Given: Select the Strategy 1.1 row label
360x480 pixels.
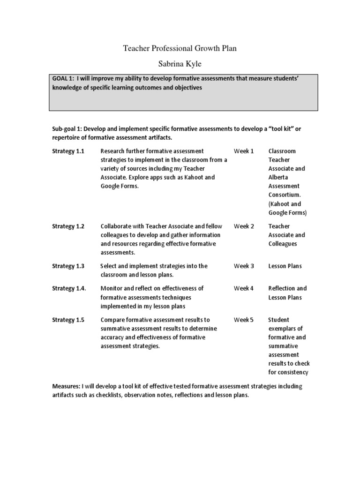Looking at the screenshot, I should pyautogui.click(x=68, y=151).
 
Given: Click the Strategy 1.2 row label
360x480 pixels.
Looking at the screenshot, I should pyautogui.click(x=68, y=226).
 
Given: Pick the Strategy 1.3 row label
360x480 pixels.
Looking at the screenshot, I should pyautogui.click(x=68, y=266).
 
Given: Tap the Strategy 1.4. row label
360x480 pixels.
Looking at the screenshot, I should pyautogui.click(x=69, y=288).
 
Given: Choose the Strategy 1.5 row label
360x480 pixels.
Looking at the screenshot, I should pyautogui.click(x=68, y=320).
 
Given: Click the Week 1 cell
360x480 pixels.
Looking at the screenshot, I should pyautogui.click(x=244, y=151).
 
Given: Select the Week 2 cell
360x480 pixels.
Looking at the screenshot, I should pyautogui.click(x=244, y=226).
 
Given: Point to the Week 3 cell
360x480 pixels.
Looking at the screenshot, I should pyautogui.click(x=244, y=266).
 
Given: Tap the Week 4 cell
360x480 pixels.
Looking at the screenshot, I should pyautogui.click(x=244, y=288).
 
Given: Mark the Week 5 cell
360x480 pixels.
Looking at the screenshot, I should pyautogui.click(x=244, y=320).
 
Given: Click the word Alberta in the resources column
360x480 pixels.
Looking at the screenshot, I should pyautogui.click(x=278, y=177).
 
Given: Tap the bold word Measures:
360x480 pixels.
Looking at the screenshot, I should pyautogui.click(x=66, y=386).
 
